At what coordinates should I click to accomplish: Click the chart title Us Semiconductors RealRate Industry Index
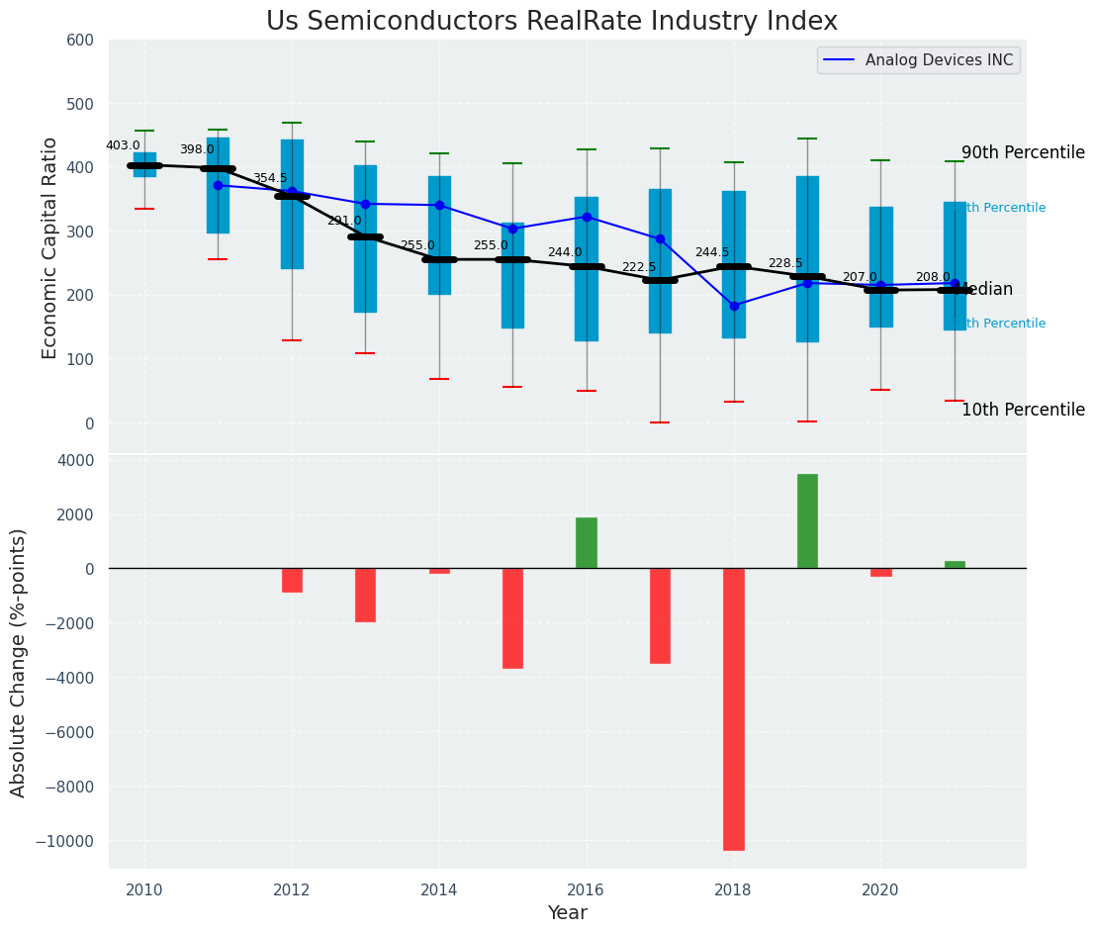pyautogui.click(x=551, y=22)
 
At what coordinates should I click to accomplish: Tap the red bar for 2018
pyautogui.click(x=734, y=708)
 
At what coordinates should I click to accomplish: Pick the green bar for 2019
pyautogui.click(x=807, y=521)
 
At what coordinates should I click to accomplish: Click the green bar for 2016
pyautogui.click(x=587, y=543)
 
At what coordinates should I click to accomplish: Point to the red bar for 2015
pyautogui.click(x=512, y=618)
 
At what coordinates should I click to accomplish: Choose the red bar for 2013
pyautogui.click(x=365, y=595)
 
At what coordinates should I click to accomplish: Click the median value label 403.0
pyautogui.click(x=123, y=145)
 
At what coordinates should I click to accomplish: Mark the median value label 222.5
pyautogui.click(x=638, y=267)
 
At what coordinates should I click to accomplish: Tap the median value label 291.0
pyautogui.click(x=344, y=221)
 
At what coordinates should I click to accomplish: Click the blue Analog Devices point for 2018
pyautogui.click(x=734, y=306)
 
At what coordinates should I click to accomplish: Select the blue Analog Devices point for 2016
pyautogui.click(x=587, y=217)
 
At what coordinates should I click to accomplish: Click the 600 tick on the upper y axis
pyautogui.click(x=80, y=41)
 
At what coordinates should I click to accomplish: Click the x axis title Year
pyautogui.click(x=568, y=913)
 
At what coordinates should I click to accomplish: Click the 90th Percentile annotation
pyautogui.click(x=1023, y=152)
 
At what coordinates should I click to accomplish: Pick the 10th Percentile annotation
pyautogui.click(x=1023, y=410)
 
